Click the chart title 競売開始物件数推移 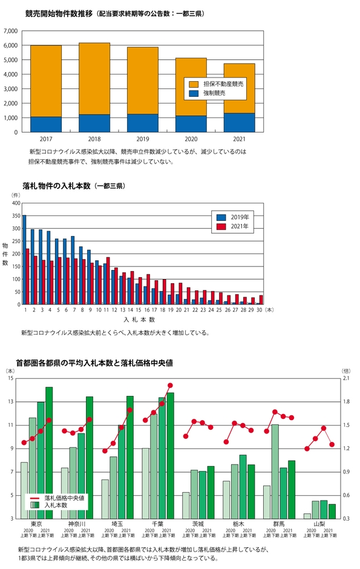59,13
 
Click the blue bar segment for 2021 239,122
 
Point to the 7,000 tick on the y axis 11,31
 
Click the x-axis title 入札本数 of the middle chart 139,319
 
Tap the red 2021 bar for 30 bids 261,300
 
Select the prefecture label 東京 36,524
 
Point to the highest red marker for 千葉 170,385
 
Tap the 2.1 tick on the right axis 346,378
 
